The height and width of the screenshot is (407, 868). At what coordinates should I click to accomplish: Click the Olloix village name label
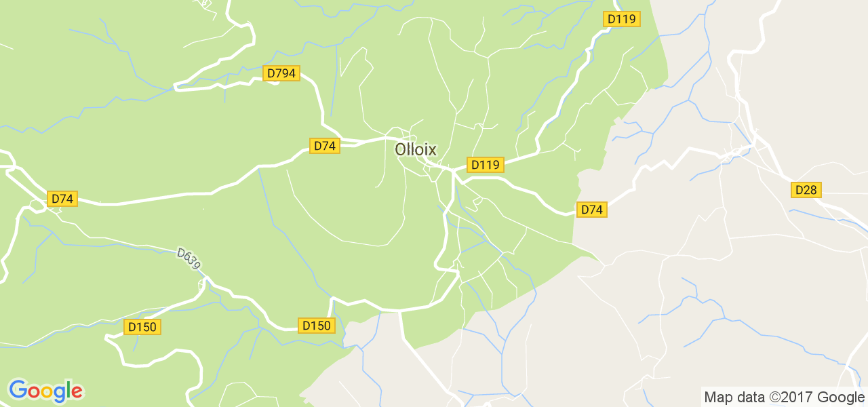[416, 149]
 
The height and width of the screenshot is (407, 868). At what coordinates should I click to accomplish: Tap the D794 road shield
[281, 73]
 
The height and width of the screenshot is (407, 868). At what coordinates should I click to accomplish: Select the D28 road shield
[806, 190]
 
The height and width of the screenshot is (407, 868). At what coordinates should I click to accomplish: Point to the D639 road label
[189, 258]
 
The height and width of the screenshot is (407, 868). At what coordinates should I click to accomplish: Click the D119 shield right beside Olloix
[485, 165]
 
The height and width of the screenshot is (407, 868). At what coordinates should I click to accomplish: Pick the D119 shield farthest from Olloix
[622, 19]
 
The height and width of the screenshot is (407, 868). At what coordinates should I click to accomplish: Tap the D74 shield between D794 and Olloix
[324, 146]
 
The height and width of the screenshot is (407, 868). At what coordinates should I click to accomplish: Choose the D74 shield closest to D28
[591, 210]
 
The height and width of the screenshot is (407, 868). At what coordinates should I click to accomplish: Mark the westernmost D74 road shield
[62, 199]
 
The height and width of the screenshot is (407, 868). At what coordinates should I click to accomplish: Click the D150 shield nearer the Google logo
[142, 327]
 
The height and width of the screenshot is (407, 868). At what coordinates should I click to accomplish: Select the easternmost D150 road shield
[316, 326]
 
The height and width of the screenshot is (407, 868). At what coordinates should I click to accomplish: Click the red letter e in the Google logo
[77, 391]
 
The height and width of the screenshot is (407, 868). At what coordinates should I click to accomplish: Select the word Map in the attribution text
[717, 398]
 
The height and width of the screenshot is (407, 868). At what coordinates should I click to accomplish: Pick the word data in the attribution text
[749, 398]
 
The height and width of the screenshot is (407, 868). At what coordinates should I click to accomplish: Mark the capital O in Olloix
[401, 149]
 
